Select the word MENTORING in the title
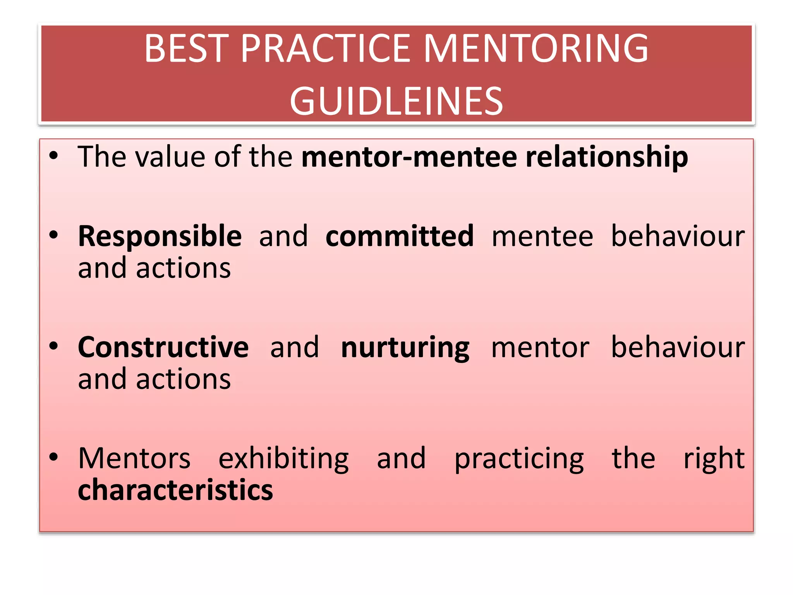click(x=536, y=48)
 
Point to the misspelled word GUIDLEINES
click(x=396, y=101)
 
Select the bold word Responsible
click(x=160, y=237)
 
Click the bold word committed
click(x=400, y=236)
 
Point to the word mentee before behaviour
click(x=542, y=237)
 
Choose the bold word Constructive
click(x=163, y=347)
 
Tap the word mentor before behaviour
click(x=540, y=348)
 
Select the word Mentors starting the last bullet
click(x=134, y=459)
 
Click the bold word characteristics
click(x=175, y=490)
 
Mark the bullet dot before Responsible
click(x=54, y=235)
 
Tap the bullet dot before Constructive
click(x=54, y=346)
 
